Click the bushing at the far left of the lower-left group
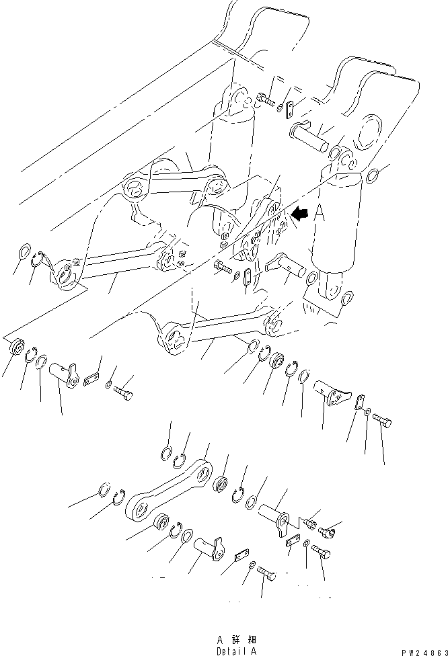15,349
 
